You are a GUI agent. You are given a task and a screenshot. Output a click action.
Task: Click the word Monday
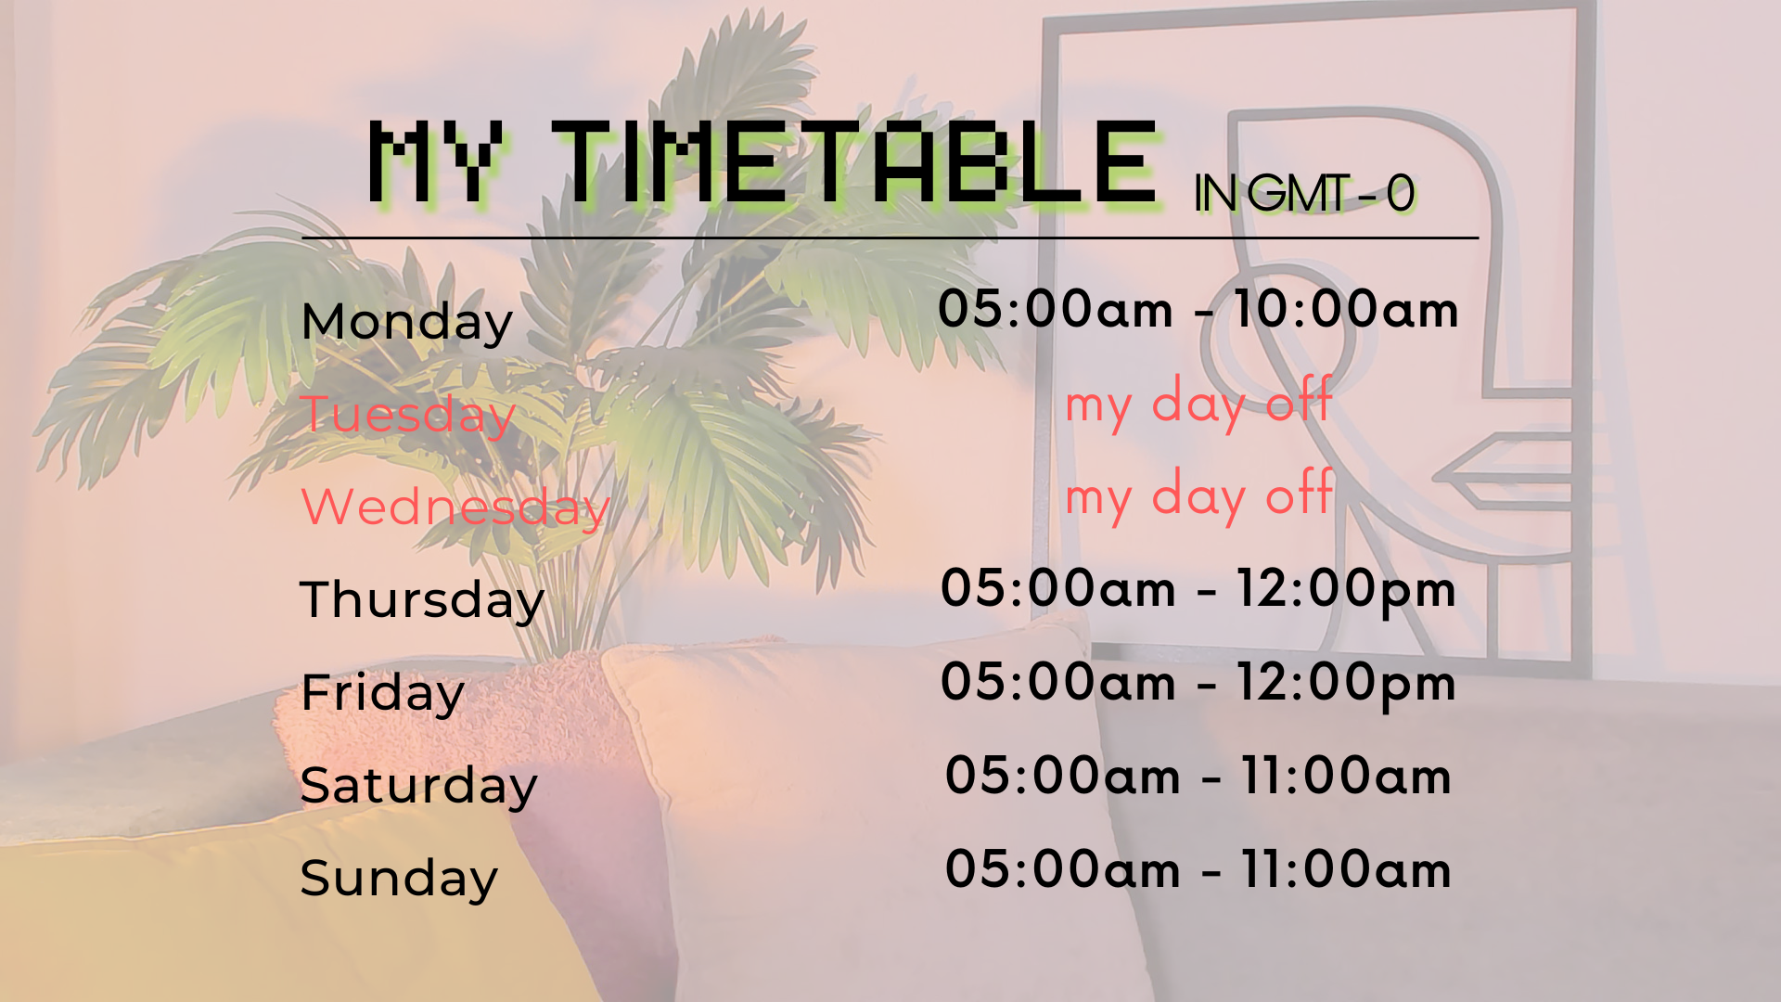point(407,323)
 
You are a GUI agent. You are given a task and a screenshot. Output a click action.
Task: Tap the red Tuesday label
point(408,415)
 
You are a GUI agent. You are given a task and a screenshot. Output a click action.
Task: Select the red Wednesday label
point(455,507)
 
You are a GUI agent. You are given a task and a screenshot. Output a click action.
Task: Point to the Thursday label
point(422,600)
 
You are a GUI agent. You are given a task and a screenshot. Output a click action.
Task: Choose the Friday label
point(382,694)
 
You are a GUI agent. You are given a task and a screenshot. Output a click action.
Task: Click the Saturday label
point(419,786)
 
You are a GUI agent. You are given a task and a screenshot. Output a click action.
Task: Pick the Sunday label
point(399,879)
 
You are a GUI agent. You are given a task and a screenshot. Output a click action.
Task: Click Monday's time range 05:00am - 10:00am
point(1198,309)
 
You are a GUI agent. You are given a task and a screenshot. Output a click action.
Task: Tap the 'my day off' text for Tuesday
point(1198,404)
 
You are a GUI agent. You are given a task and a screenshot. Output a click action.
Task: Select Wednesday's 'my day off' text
point(1198,496)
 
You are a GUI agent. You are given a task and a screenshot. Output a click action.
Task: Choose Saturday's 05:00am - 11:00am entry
point(1198,776)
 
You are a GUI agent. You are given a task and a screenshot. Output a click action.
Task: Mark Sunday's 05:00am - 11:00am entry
point(1198,869)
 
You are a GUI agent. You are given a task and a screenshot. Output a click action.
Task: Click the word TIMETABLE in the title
point(855,162)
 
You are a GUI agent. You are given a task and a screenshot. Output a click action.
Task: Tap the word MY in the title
point(436,162)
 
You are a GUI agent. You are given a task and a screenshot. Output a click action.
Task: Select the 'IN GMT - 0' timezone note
point(1304,194)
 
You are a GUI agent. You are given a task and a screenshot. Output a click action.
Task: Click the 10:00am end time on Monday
point(1346,309)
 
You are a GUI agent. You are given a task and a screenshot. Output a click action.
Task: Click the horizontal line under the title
point(890,238)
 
